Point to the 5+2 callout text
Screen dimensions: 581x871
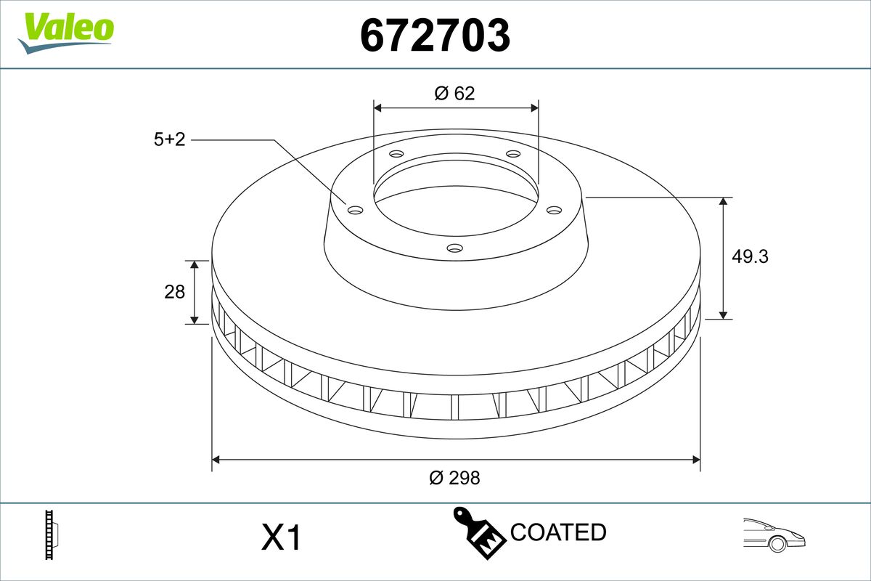point(169,139)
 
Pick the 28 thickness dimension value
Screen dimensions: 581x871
point(175,292)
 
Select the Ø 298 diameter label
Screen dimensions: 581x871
point(454,478)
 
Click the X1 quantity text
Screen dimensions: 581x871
point(280,538)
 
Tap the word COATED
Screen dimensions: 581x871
point(557,532)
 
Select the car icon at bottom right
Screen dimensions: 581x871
point(774,535)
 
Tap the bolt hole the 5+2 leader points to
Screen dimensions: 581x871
point(355,211)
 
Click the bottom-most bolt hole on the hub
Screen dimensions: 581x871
point(454,248)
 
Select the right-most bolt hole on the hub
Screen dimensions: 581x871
point(555,210)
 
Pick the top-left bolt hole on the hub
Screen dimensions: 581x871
point(396,154)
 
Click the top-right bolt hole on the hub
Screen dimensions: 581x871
point(513,154)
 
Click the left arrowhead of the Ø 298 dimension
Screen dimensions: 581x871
point(216,459)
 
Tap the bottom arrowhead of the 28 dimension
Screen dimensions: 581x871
point(194,320)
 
